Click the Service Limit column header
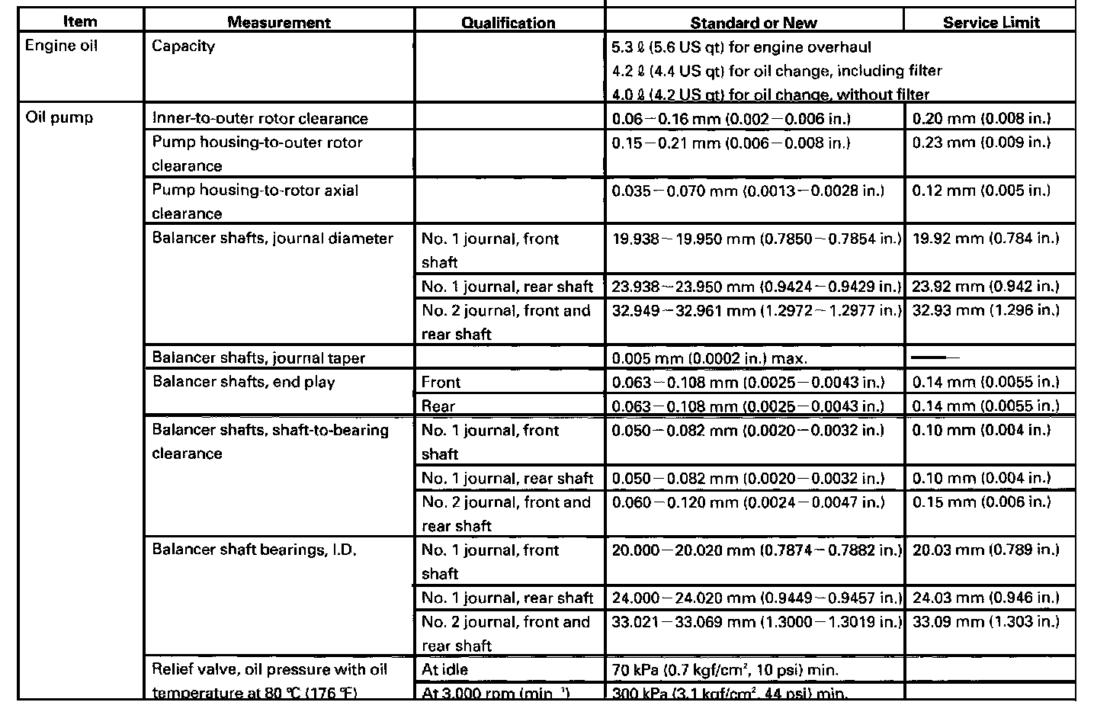[990, 22]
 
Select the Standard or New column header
[754, 22]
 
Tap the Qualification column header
[508, 22]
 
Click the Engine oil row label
[62, 46]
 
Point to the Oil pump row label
[59, 118]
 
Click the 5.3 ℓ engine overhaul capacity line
[741, 47]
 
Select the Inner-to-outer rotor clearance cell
[260, 118]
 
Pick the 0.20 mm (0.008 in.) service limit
[981, 118]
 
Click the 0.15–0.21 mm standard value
[730, 143]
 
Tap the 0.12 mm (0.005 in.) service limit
[981, 190]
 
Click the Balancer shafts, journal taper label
[258, 357]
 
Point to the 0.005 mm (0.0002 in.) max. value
[709, 358]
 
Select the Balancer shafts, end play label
[243, 382]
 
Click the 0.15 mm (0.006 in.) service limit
[981, 502]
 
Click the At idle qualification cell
[445, 670]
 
